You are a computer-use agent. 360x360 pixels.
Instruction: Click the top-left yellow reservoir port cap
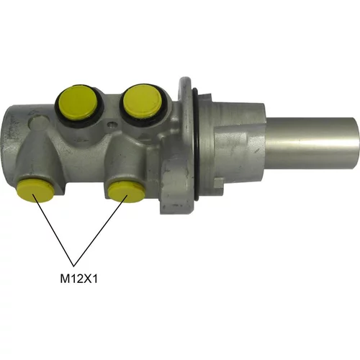click(77, 103)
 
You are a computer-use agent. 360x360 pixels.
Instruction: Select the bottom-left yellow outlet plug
click(36, 191)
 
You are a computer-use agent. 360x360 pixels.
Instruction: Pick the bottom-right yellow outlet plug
click(127, 191)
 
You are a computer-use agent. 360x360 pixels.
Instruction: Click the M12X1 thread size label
click(78, 279)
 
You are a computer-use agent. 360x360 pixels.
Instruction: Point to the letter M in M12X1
click(64, 279)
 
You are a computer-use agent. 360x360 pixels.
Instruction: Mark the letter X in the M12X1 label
click(88, 279)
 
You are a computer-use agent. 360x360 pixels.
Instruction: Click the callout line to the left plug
click(53, 230)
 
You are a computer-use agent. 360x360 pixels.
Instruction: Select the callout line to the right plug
click(101, 230)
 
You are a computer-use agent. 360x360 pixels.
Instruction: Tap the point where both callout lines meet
click(74, 266)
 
